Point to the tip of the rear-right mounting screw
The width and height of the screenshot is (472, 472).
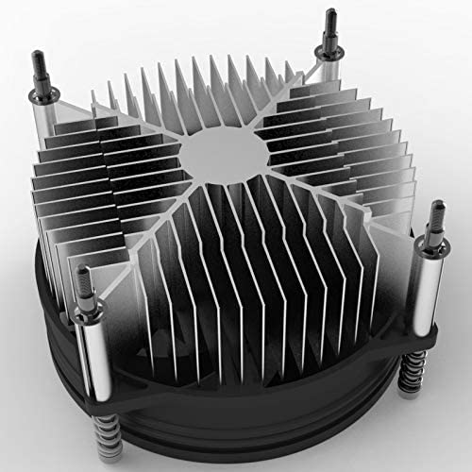[332, 15]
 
